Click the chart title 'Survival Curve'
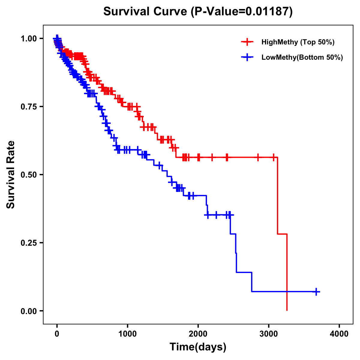[x=146, y=12]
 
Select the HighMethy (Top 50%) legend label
[x=298, y=42]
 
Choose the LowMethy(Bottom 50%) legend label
[x=302, y=57]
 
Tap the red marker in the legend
[x=247, y=42]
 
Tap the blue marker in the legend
[x=247, y=57]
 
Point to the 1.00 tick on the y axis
[x=29, y=39]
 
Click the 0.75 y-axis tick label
[x=29, y=107]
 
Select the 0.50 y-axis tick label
[x=29, y=175]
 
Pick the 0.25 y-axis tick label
[x=29, y=243]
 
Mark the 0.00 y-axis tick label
[x=29, y=311]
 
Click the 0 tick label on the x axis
[x=57, y=334]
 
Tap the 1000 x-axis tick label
[x=127, y=334]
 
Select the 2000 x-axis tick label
[x=198, y=334]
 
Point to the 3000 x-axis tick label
[x=269, y=334]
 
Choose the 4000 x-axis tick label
[x=339, y=334]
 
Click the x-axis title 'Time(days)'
[x=198, y=347]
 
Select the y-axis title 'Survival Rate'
[x=11, y=175]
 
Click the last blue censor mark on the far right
[x=316, y=292]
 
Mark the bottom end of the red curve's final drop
[x=287, y=310]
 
